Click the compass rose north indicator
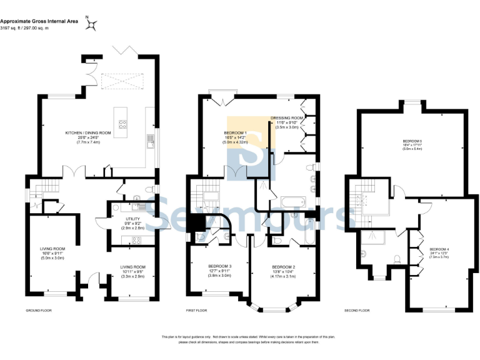point(92,24)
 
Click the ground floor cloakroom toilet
point(146,191)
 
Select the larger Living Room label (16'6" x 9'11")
point(52,252)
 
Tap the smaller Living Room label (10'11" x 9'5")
point(132,270)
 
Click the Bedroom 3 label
point(219,270)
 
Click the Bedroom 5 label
point(412,145)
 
